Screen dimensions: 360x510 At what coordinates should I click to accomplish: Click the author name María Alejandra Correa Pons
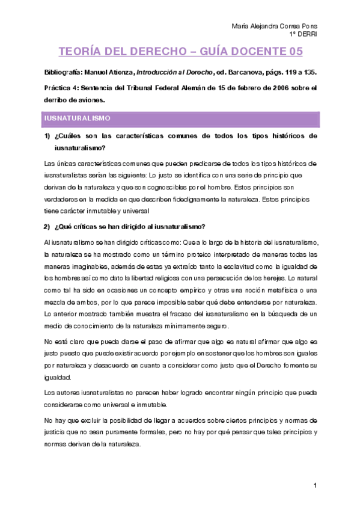(x=275, y=26)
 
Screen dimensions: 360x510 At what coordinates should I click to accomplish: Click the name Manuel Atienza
(x=110, y=72)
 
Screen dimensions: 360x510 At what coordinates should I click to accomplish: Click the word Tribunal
(x=132, y=88)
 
